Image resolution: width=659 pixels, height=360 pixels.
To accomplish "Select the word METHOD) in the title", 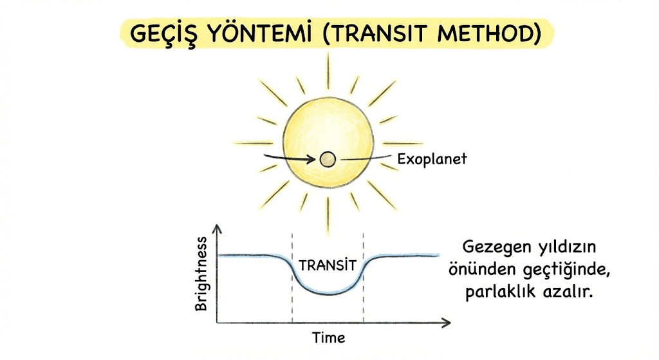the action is coord(489,33).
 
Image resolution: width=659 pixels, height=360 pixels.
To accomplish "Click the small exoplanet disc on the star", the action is coord(328,160).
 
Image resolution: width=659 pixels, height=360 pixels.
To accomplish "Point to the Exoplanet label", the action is coord(432,159).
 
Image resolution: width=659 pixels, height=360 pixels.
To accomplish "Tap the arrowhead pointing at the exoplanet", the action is coord(311,159).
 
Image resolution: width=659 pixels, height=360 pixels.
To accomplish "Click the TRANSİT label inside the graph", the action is coord(328,265).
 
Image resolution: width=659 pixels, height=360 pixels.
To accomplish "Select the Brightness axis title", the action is coord(201,274).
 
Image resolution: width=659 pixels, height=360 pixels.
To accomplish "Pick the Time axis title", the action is coord(329,337).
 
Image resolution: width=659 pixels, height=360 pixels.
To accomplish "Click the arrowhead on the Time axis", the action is coord(447,323).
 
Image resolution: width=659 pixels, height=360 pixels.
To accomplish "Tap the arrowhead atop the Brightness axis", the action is coord(217,229).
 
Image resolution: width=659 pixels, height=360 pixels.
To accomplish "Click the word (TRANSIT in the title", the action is coord(377,33).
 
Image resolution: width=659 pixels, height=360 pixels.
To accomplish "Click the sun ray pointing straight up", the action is coord(328,71).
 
